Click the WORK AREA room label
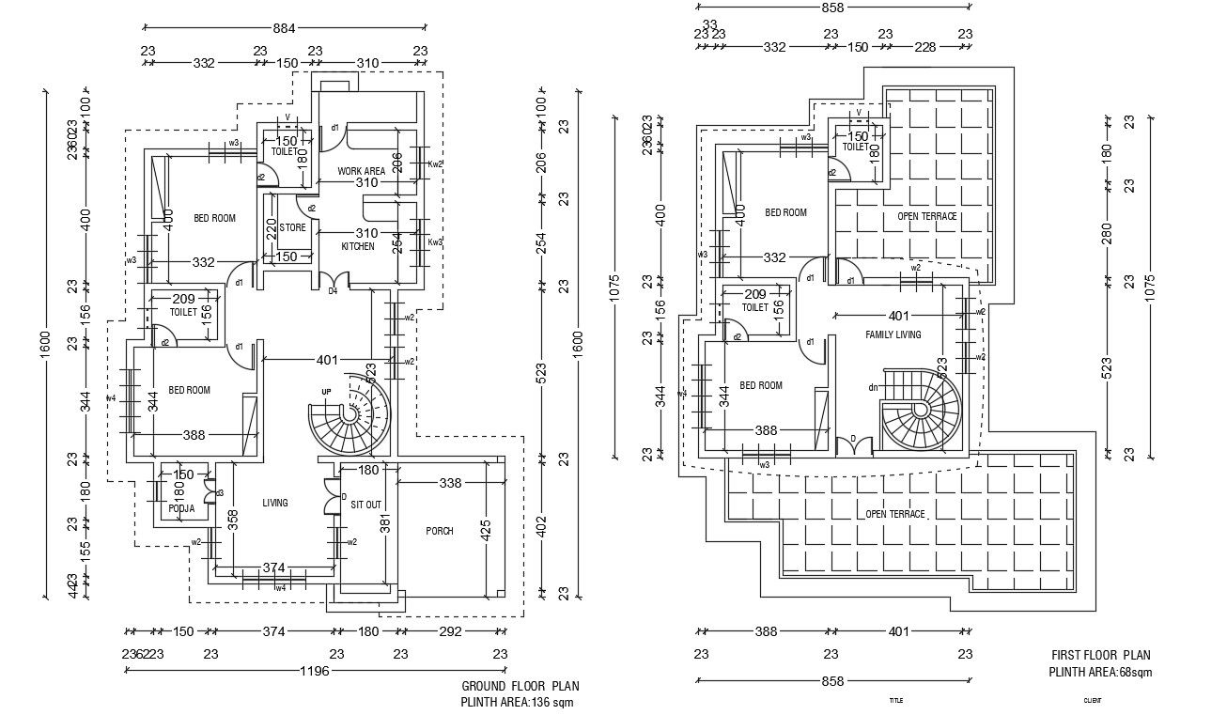[362, 171]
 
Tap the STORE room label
[292, 227]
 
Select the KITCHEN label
[357, 246]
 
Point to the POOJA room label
[181, 508]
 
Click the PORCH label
[439, 531]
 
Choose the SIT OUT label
[365, 505]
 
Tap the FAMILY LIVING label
[893, 334]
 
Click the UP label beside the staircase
[326, 391]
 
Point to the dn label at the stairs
[872, 386]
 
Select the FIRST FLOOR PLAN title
[1100, 656]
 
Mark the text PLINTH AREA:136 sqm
[516, 702]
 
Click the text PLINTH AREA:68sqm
[1100, 672]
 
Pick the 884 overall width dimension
[284, 29]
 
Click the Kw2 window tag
[435, 163]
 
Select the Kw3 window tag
[435, 241]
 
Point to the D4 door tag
[332, 291]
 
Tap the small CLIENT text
[1092, 700]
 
